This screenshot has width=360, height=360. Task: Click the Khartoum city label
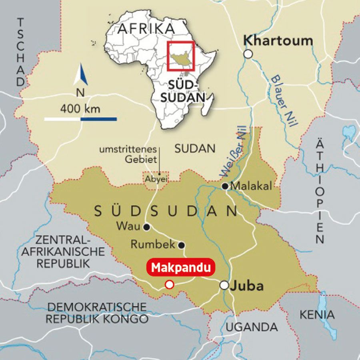point(278,40)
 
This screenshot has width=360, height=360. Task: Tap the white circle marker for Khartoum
point(248,54)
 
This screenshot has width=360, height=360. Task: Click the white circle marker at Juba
point(224,285)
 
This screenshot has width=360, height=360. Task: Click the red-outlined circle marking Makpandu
point(169,284)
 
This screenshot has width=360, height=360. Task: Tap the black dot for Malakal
point(225,186)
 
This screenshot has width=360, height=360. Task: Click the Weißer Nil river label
point(234,154)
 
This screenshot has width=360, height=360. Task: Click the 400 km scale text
point(80,108)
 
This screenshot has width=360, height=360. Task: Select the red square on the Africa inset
point(181,56)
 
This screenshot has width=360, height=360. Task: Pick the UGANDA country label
point(252,327)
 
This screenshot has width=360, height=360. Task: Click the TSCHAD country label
point(20,52)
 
